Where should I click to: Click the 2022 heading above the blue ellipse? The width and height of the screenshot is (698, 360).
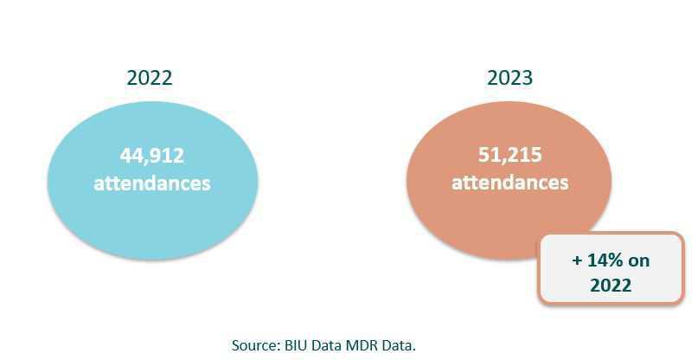[x=150, y=77]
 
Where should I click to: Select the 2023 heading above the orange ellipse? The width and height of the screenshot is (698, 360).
[x=509, y=77]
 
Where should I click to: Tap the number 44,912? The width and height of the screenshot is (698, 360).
[x=151, y=156]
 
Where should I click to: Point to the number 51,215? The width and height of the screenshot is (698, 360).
[x=510, y=155]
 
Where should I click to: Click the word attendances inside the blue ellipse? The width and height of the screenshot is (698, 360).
[x=151, y=183]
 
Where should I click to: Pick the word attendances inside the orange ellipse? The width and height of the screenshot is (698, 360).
[x=510, y=183]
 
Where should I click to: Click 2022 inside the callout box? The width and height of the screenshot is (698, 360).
[x=611, y=286]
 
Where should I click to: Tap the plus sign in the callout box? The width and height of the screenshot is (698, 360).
[x=577, y=260]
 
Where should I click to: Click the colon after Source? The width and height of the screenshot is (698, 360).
[x=278, y=345]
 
